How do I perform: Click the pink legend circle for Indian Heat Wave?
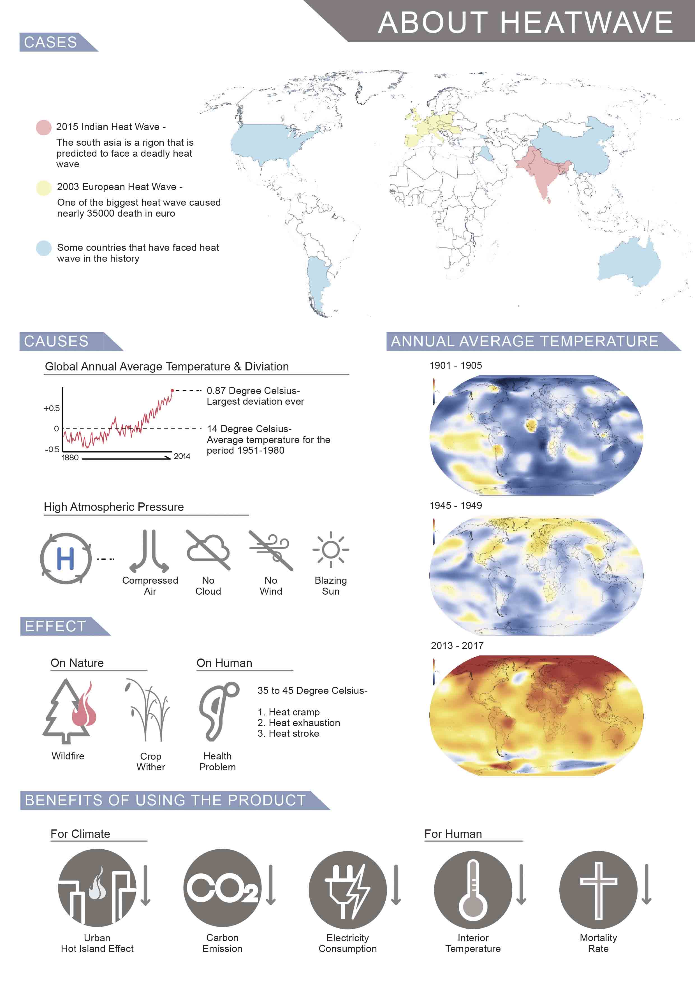pos(44,127)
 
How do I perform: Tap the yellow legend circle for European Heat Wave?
pos(44,188)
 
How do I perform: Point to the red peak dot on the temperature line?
pos(172,390)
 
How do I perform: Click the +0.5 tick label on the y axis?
pos(51,409)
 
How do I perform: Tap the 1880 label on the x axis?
pos(70,458)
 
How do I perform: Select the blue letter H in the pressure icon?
pos(66,559)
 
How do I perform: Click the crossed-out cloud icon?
pos(208,550)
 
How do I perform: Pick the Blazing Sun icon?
pos(331,550)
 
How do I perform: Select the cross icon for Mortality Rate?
pos(598,890)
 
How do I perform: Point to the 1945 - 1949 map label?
pos(456,506)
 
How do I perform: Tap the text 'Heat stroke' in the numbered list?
pos(294,734)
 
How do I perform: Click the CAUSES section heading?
pos(56,341)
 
